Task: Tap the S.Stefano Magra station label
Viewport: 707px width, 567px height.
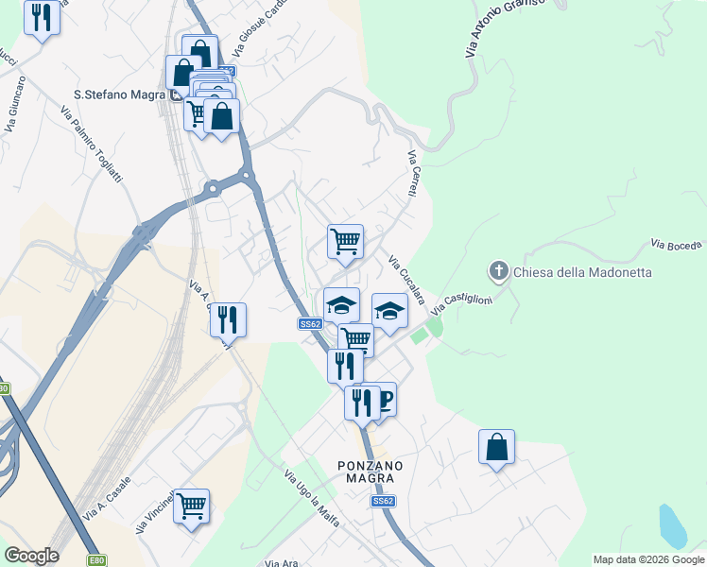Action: (119, 94)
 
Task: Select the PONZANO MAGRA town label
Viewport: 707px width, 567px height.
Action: (371, 472)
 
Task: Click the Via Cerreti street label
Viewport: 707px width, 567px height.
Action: (412, 174)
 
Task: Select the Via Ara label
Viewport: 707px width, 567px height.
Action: (282, 563)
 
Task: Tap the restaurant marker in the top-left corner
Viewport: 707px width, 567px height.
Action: (42, 18)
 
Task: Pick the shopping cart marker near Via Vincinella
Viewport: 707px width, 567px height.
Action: (191, 507)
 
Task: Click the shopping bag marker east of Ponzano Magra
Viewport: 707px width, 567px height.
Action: (496, 447)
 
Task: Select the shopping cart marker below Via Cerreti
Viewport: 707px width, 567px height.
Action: (345, 240)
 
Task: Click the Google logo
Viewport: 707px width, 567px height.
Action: (31, 556)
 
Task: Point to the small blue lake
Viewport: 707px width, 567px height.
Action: (672, 526)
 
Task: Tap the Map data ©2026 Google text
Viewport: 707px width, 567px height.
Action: (648, 559)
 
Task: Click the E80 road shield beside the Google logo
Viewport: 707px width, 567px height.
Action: (96, 560)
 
